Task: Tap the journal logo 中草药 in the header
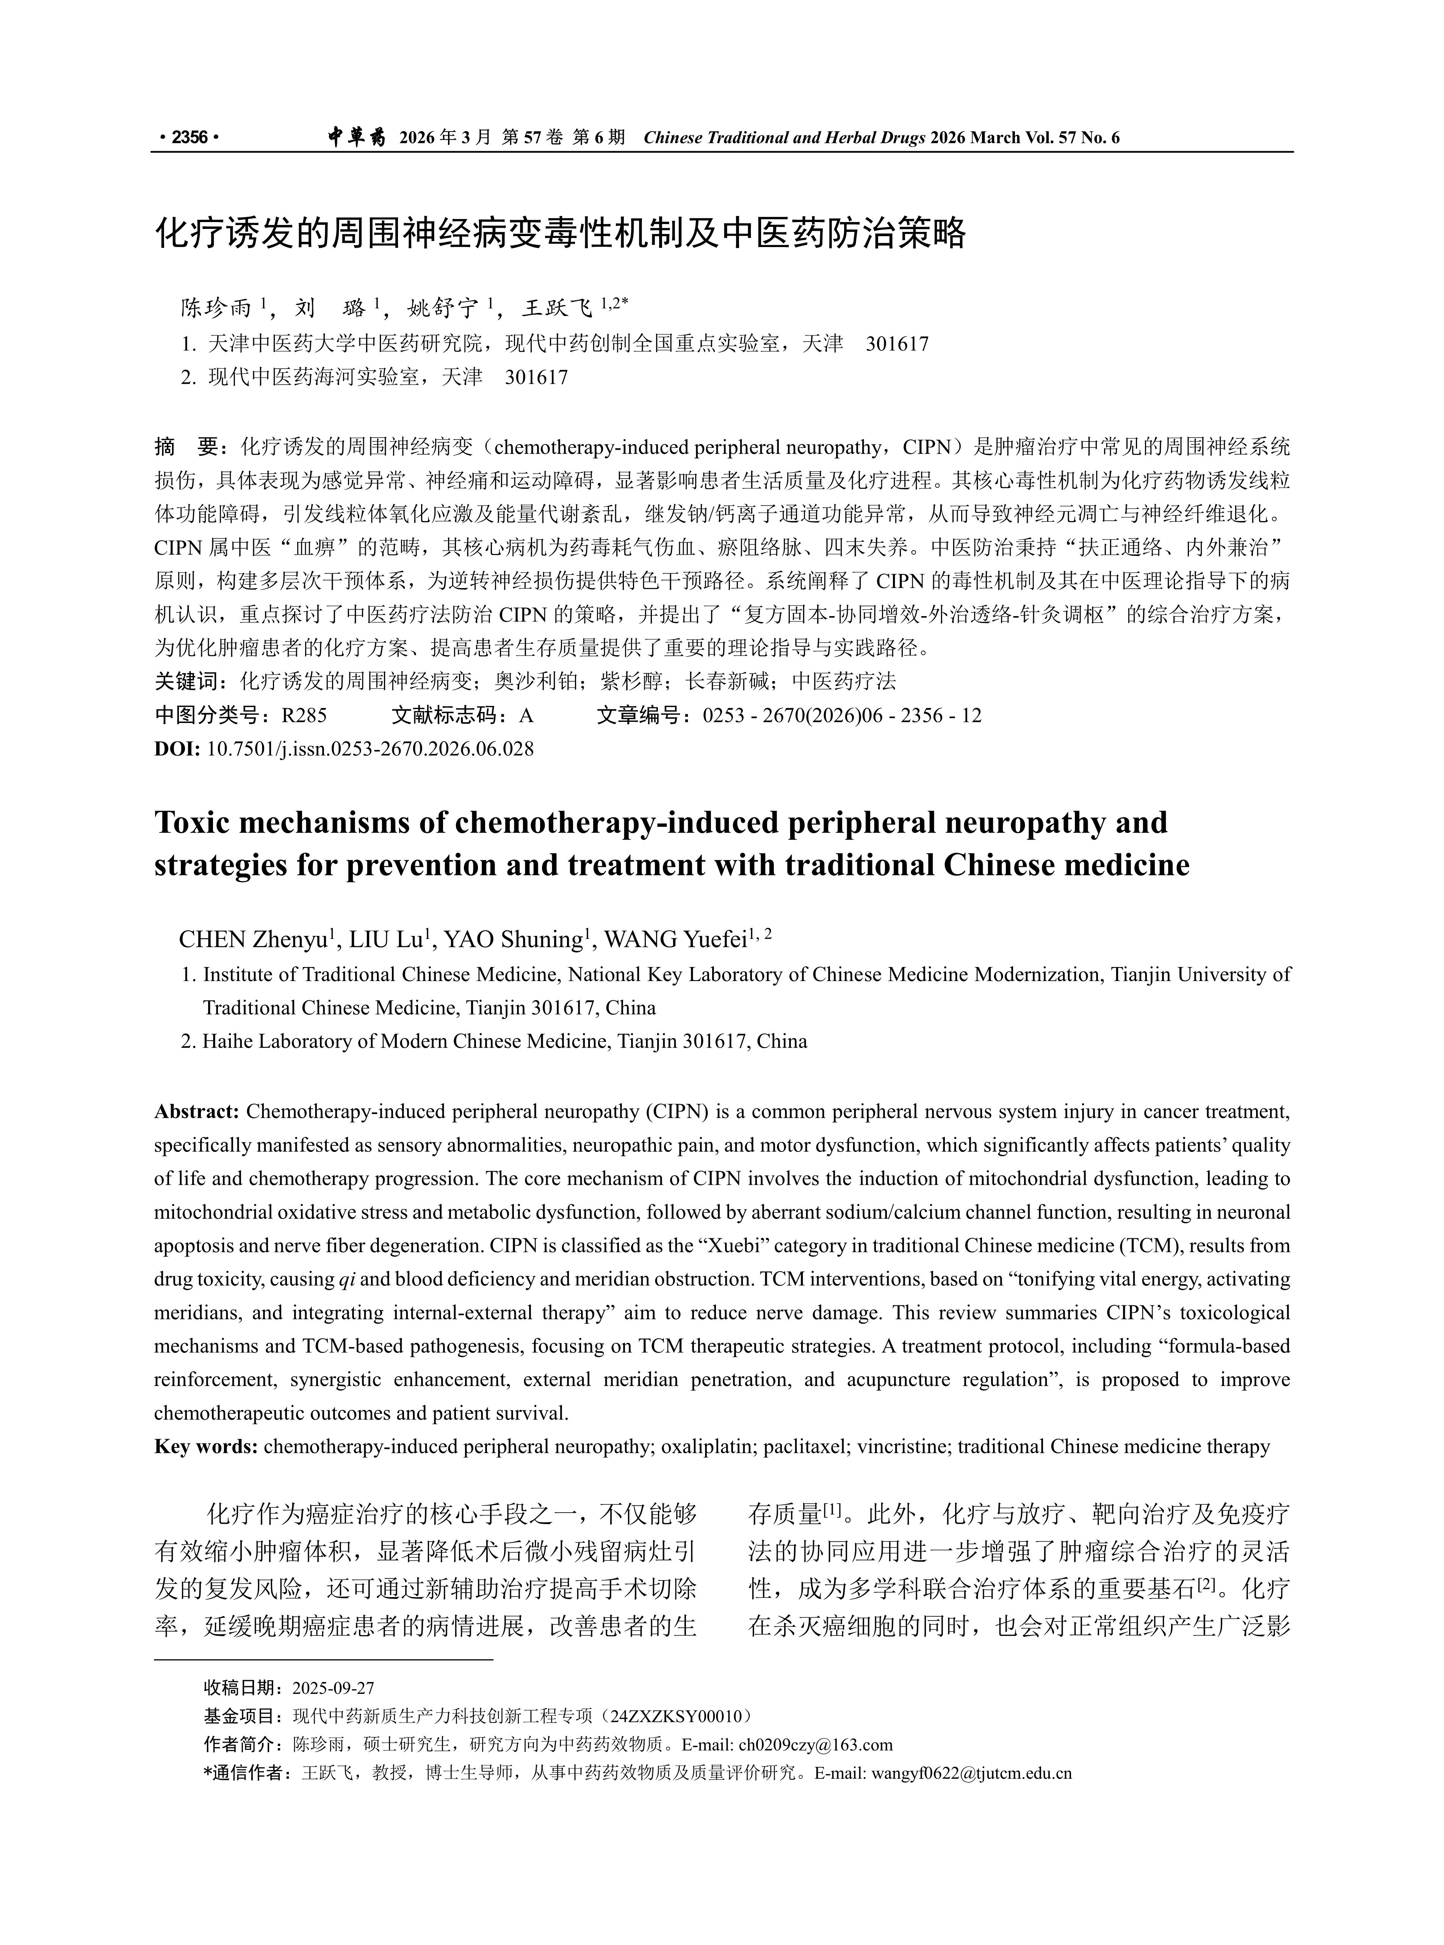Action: click(357, 137)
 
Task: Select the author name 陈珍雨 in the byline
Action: click(216, 308)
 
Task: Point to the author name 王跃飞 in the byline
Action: click(557, 308)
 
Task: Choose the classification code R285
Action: click(304, 716)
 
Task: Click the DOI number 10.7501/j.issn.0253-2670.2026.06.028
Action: click(370, 749)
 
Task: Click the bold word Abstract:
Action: click(197, 1111)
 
